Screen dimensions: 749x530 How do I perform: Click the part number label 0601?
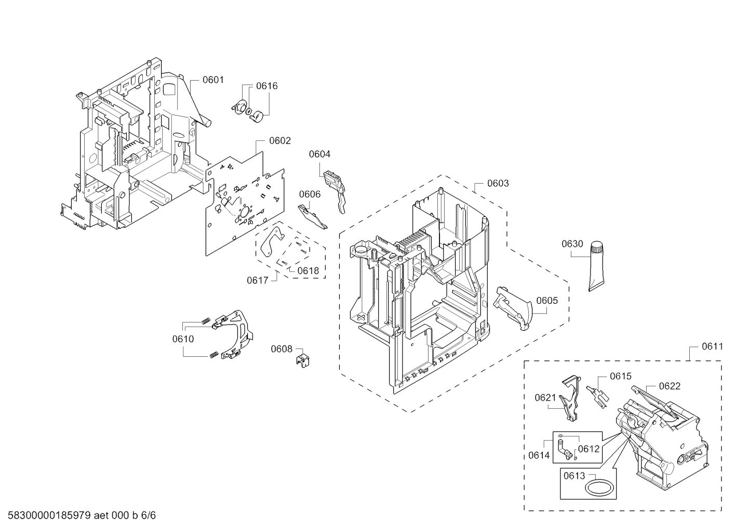point(213,80)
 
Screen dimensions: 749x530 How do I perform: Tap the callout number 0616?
point(267,86)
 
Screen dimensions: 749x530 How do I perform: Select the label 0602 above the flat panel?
point(280,140)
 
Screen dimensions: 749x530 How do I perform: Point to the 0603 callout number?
point(498,183)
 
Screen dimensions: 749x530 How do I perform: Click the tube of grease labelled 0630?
point(597,266)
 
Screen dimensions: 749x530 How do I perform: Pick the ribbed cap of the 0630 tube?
point(596,247)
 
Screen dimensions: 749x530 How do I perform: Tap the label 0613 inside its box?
point(574,475)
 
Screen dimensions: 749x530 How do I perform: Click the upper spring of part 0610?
point(206,321)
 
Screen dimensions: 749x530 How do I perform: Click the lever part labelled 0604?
point(336,191)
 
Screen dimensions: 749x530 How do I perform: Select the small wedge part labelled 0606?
point(313,216)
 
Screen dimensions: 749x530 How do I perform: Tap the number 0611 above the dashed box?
point(712,346)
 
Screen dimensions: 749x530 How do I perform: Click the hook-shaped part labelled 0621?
point(570,398)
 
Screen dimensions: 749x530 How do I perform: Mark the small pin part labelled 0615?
point(598,397)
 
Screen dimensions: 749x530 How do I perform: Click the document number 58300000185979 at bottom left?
point(49,515)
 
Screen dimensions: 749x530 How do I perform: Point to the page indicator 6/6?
point(148,515)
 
